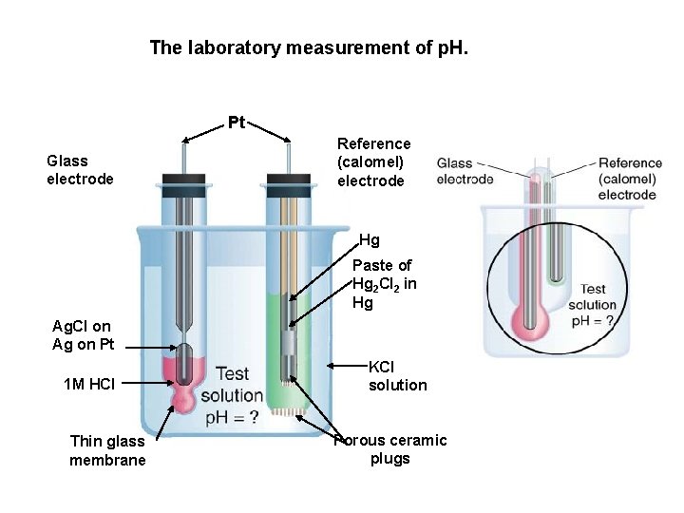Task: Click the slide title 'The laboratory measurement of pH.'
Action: coord(310,47)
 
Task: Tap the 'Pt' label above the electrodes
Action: coord(237,122)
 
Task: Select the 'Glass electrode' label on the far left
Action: coord(80,169)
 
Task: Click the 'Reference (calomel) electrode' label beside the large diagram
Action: coord(374,161)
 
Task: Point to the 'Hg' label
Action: coord(370,240)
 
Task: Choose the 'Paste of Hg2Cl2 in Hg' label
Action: coord(381,284)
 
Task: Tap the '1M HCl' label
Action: coord(88,384)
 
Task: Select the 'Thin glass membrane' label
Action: coord(107,450)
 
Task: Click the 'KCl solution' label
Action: coord(397,375)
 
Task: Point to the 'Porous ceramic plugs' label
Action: coord(390,450)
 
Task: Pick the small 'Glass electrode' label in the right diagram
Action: coord(465,171)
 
